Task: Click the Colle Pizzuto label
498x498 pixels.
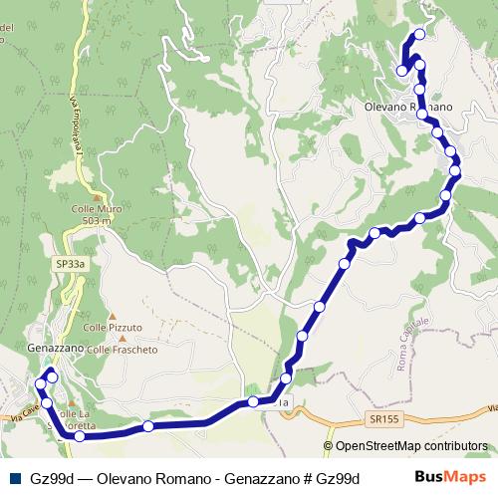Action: click(x=113, y=327)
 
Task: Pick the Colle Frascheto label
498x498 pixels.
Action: click(x=123, y=350)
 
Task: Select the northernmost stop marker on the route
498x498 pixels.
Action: click(x=419, y=35)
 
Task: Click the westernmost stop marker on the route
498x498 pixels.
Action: click(x=41, y=384)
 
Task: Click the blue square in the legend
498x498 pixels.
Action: click(x=11, y=478)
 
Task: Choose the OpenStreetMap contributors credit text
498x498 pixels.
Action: click(x=411, y=446)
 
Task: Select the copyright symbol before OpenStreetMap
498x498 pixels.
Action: click(x=330, y=446)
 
